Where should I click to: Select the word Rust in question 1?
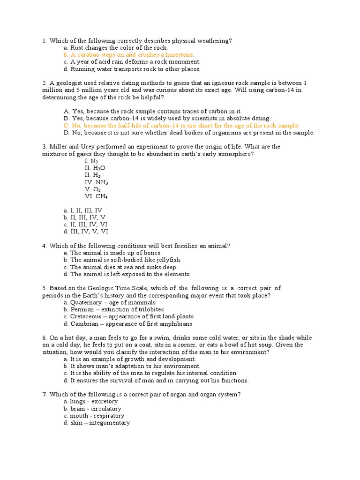(x=77, y=48)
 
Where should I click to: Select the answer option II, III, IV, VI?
(x=89, y=225)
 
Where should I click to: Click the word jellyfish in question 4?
(x=168, y=260)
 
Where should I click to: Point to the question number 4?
(x=44, y=246)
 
